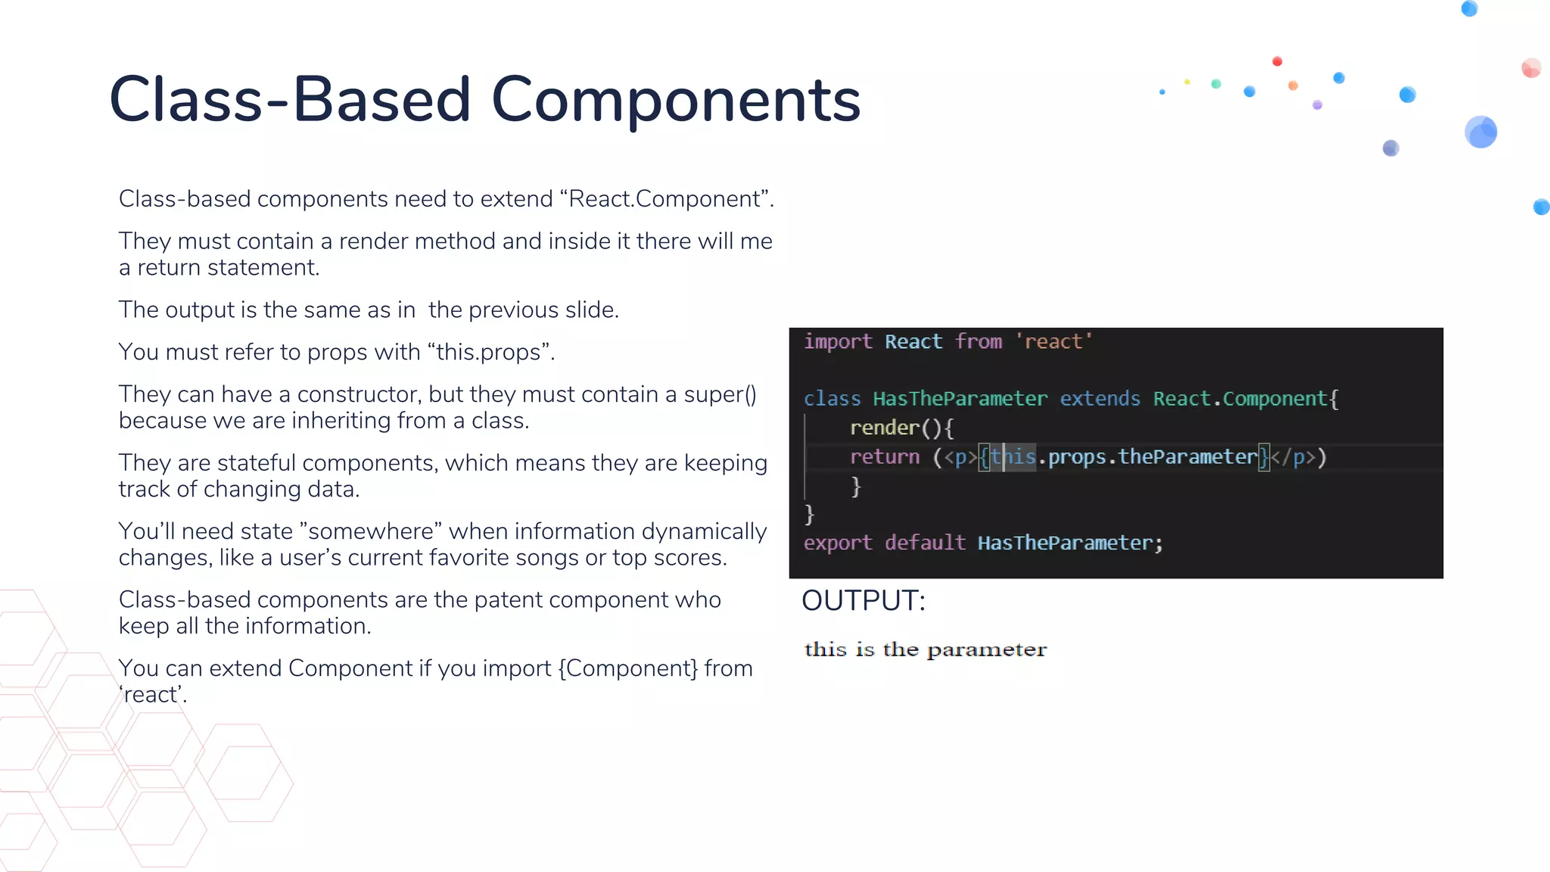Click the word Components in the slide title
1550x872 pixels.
click(x=676, y=100)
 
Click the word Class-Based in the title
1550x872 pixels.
click(x=290, y=100)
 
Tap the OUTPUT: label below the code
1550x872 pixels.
click(x=864, y=601)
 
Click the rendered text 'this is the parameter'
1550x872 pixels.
click(x=925, y=649)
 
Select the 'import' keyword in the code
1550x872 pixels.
click(x=838, y=342)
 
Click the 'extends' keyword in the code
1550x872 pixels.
click(x=1100, y=399)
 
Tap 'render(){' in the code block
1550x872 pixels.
click(x=901, y=428)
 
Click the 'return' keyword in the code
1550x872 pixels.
click(x=884, y=457)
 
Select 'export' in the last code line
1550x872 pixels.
click(x=837, y=543)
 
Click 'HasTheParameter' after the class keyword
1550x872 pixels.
click(x=960, y=399)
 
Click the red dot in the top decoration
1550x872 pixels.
click(x=1277, y=61)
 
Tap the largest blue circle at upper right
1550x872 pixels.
click(x=1480, y=132)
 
